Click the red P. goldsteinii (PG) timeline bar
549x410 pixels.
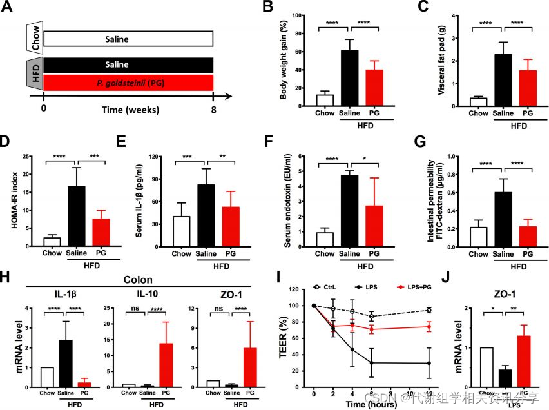pyautogui.click(x=128, y=83)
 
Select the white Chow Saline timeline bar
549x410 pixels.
pyautogui.click(x=128, y=39)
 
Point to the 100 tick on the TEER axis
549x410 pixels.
pyautogui.click(x=300, y=306)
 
